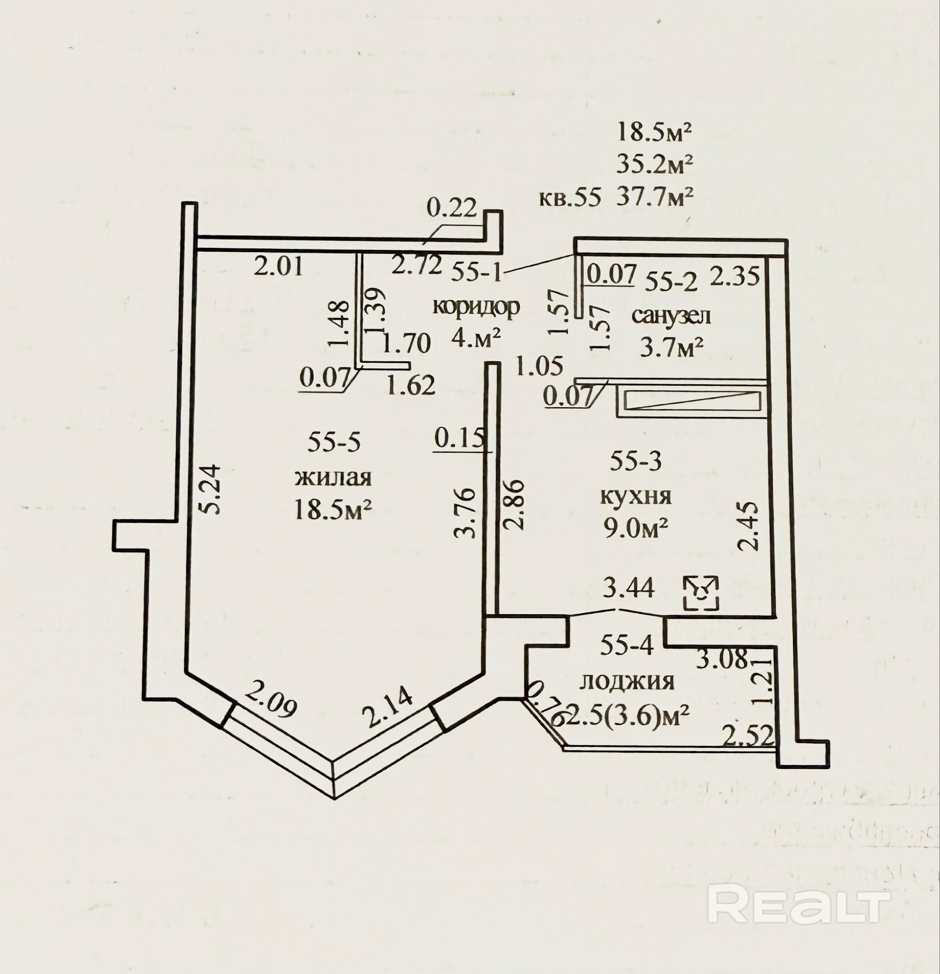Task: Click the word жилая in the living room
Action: [x=334, y=478]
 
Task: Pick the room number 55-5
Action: [x=334, y=442]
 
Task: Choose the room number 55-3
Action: [x=636, y=461]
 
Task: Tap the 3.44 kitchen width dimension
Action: [x=628, y=589]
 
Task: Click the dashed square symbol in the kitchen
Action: [x=701, y=593]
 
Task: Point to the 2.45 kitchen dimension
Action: [x=748, y=525]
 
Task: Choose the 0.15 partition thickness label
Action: [x=458, y=438]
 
